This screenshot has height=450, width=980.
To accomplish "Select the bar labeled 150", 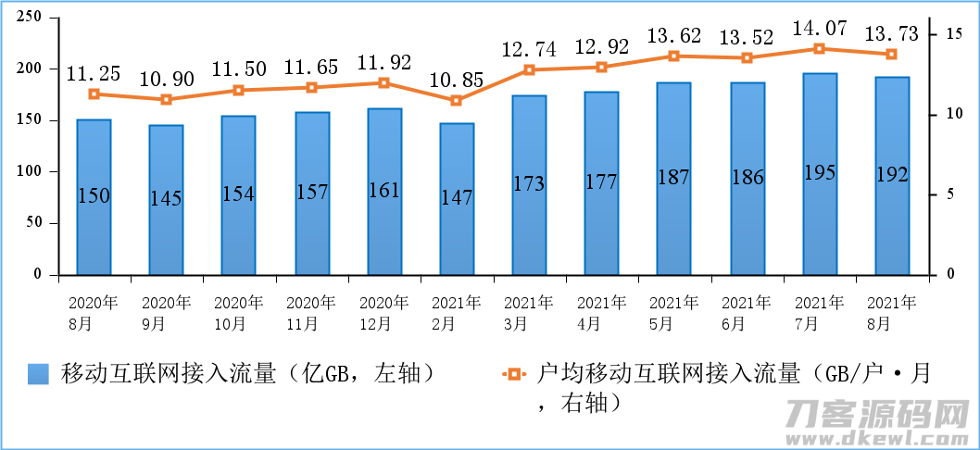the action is pos(94,197).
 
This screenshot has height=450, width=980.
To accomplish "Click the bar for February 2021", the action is pos(457,199).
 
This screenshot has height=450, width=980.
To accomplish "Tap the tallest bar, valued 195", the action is pos(820,174).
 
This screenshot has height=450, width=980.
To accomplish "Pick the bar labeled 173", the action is pos(530,185).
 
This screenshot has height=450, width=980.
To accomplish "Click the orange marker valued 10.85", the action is pos(457,101).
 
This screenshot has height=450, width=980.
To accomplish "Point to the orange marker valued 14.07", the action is pos(820,49).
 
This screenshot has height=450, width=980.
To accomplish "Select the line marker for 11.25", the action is pos(94,94).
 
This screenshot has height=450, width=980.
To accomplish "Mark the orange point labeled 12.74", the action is pos(530,70).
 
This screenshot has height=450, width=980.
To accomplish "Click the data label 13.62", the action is pos(673,35).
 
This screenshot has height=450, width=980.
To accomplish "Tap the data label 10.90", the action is pos(166,80).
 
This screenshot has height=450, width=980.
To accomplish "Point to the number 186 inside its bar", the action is pos(747,178).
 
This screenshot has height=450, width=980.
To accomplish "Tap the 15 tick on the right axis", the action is pos(953,33).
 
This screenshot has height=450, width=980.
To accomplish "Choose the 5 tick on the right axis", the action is pos(949,194).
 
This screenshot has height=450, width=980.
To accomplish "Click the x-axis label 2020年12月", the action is pos(383,313).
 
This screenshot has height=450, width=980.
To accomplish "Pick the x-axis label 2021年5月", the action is pos(673,313).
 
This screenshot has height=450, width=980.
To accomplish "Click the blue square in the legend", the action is pos(38,374).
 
